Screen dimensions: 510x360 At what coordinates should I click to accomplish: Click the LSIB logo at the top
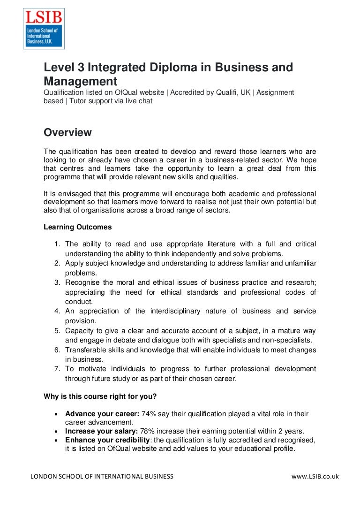click(44, 29)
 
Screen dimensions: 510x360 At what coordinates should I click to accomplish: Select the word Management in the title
click(80, 81)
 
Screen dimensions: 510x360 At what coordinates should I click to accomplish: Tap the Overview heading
click(67, 133)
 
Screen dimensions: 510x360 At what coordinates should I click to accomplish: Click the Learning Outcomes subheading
click(78, 227)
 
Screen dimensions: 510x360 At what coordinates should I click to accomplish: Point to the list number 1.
click(57, 244)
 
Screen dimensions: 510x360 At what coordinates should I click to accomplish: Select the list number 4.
click(57, 311)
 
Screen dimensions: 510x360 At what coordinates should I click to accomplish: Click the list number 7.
click(57, 369)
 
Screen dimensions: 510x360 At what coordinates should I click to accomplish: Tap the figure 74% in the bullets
click(149, 414)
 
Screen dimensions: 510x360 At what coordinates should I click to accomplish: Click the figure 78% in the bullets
click(148, 431)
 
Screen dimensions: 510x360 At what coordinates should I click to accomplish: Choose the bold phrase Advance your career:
click(102, 414)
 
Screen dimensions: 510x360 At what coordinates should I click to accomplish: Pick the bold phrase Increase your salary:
click(101, 431)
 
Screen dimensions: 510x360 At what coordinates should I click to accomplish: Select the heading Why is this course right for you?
click(100, 396)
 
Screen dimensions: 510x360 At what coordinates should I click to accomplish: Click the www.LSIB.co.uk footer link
click(315, 477)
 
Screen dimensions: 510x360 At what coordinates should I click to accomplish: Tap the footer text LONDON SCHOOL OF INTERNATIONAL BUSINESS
click(102, 477)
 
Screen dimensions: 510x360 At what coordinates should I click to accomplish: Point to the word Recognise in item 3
click(82, 282)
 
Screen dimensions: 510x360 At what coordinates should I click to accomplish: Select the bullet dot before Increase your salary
click(56, 431)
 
